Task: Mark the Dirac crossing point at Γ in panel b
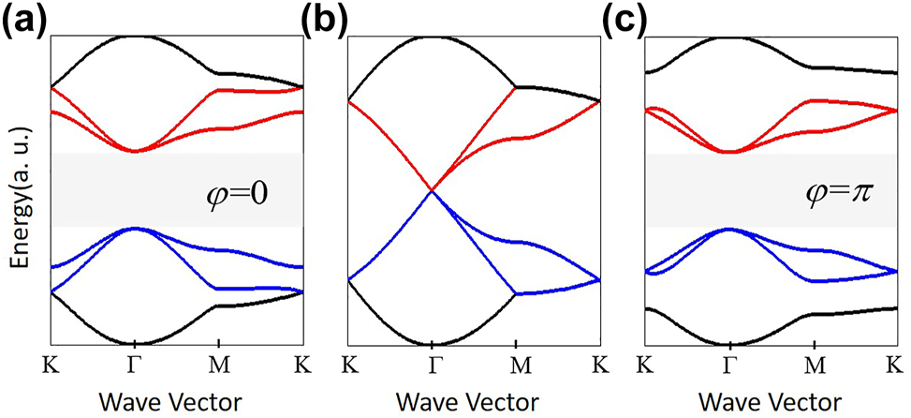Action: (x=431, y=191)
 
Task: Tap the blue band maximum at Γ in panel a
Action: (x=135, y=228)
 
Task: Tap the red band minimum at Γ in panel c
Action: (x=728, y=152)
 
